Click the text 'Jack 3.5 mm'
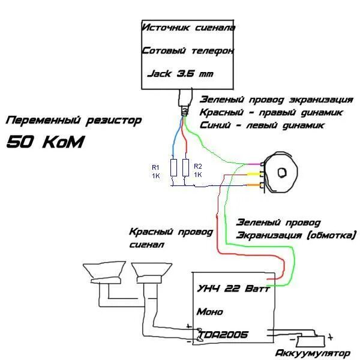point(179,74)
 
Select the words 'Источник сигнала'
point(188,28)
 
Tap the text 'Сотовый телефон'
point(187,51)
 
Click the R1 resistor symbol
point(174,167)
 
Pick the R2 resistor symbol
point(185,167)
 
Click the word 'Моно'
point(209,311)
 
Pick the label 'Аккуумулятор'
point(305,353)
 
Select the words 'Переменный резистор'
point(74,120)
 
